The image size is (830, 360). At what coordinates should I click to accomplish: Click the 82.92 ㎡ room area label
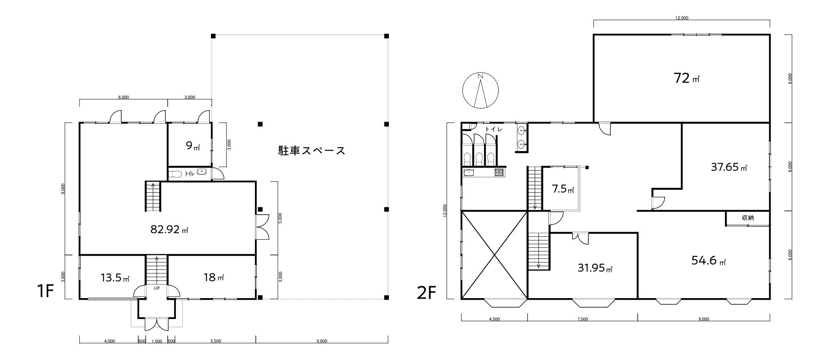(x=169, y=229)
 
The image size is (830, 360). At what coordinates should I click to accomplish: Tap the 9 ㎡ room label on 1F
(x=193, y=146)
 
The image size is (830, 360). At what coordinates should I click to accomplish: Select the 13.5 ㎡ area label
(x=115, y=277)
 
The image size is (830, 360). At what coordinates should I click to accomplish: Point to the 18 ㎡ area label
(x=214, y=277)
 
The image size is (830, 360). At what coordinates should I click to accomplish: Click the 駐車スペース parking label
(x=312, y=150)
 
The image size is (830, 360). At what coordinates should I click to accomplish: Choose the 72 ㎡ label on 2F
(x=687, y=78)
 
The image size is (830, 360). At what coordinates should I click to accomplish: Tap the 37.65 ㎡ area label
(x=729, y=167)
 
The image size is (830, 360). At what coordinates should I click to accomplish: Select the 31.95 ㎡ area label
(x=595, y=267)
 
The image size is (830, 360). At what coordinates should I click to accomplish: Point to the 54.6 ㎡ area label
(x=709, y=260)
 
